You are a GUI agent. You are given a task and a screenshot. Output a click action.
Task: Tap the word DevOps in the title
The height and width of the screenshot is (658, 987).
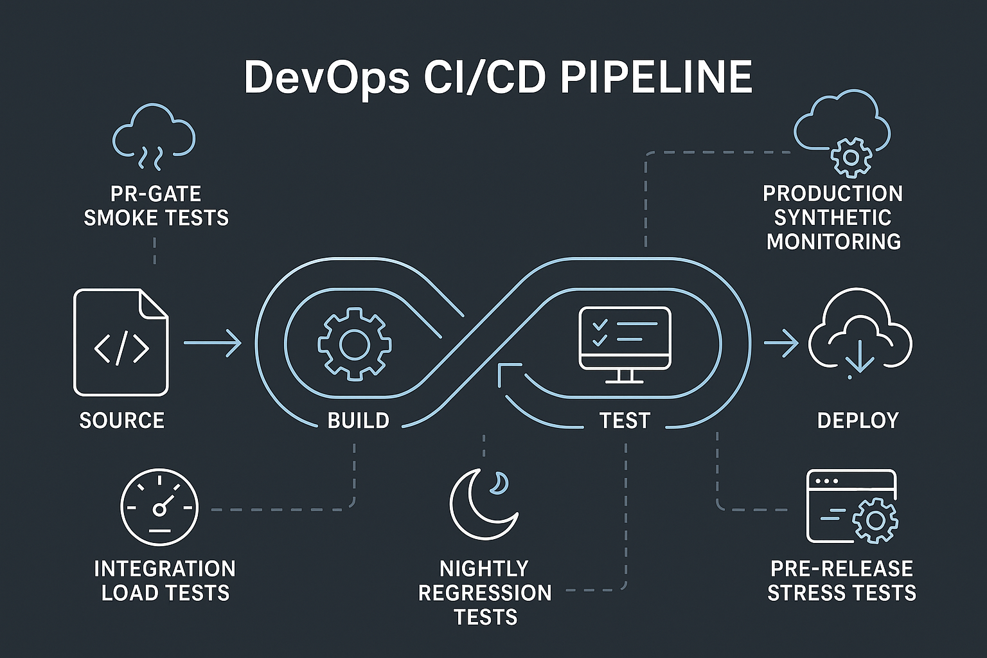pos(326,78)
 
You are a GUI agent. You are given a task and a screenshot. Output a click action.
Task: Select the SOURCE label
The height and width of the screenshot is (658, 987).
pos(122,420)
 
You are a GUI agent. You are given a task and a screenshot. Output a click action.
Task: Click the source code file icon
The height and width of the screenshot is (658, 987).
pos(121,342)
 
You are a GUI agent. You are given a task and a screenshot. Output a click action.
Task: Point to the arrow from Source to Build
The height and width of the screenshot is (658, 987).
pos(212,343)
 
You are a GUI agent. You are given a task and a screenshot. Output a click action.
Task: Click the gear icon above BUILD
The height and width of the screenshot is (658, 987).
pos(355,344)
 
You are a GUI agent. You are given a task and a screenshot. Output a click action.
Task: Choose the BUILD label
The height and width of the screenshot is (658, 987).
pos(359,420)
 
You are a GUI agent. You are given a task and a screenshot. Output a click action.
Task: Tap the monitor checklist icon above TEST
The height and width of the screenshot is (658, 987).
pos(625,344)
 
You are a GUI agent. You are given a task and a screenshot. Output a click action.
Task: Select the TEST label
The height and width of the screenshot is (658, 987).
pos(625,420)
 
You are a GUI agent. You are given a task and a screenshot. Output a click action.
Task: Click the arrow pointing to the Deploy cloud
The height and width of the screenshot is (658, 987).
pos(781,343)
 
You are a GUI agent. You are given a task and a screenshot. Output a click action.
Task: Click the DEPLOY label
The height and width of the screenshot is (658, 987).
pos(858,420)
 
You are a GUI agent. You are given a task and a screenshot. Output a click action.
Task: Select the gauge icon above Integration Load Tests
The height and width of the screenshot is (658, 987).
pos(159,507)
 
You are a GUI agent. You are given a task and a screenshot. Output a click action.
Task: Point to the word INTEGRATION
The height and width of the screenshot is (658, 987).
pos(164,569)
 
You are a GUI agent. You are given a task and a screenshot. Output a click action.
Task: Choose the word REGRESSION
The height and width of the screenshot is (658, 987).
pos(485,592)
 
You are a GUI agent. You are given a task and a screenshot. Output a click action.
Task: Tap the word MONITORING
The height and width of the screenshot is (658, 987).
pos(833,242)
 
